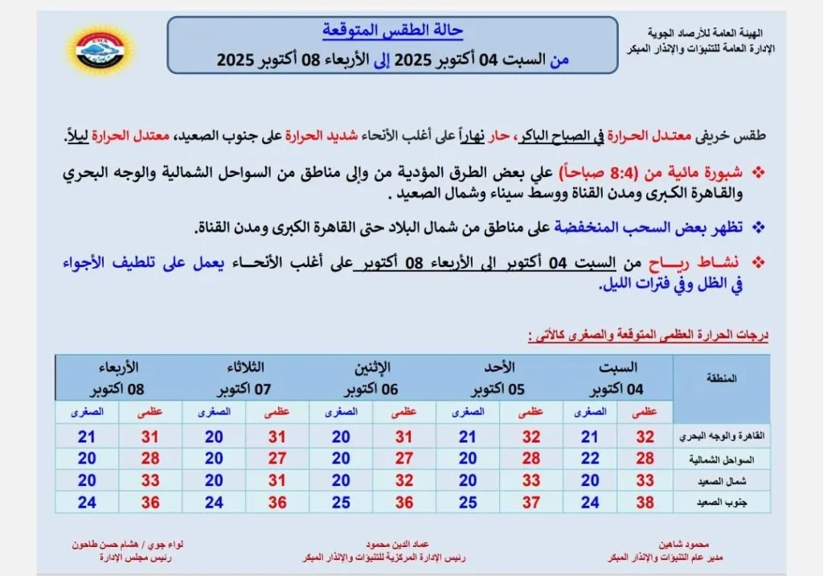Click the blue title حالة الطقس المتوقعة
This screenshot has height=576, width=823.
[393, 31]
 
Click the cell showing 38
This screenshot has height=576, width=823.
[645, 502]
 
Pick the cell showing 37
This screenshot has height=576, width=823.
[531, 502]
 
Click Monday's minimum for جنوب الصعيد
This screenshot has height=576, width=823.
[341, 502]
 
